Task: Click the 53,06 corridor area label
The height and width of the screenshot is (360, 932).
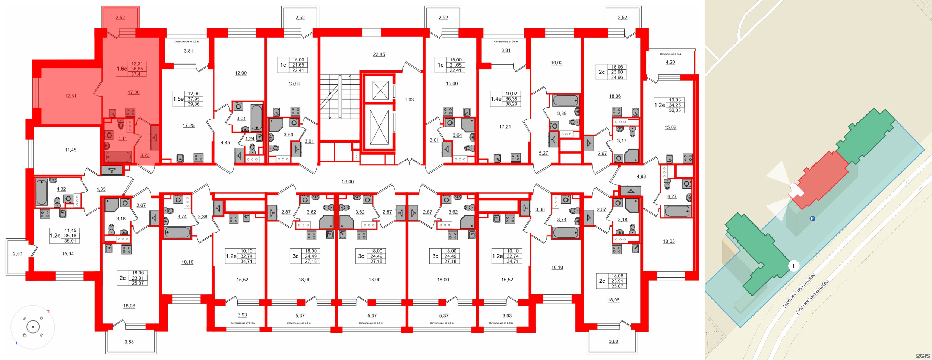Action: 347,182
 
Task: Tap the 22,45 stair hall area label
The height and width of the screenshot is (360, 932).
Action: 379,54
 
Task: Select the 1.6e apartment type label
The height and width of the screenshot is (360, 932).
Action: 121,69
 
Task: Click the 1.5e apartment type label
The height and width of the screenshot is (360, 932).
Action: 178,99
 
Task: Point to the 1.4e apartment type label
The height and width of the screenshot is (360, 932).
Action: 496,99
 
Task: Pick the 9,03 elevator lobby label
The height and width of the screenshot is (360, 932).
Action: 409,100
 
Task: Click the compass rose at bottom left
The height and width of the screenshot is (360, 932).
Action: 33,327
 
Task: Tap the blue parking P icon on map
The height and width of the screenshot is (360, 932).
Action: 812,218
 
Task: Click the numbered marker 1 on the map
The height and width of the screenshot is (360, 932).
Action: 793,266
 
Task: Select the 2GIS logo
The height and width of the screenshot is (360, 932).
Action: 923,356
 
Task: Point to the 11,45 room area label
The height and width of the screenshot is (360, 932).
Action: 70,150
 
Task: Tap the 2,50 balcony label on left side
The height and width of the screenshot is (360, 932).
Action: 18,254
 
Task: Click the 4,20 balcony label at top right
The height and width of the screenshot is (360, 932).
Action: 670,62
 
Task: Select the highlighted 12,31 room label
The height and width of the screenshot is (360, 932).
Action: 70,96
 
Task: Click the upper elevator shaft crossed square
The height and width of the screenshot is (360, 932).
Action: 380,90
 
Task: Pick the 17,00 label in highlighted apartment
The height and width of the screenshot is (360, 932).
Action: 133,92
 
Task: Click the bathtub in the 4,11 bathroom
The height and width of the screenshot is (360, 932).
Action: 118,157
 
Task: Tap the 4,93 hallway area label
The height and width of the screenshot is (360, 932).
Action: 641,177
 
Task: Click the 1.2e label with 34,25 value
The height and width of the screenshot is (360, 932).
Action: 659,105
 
